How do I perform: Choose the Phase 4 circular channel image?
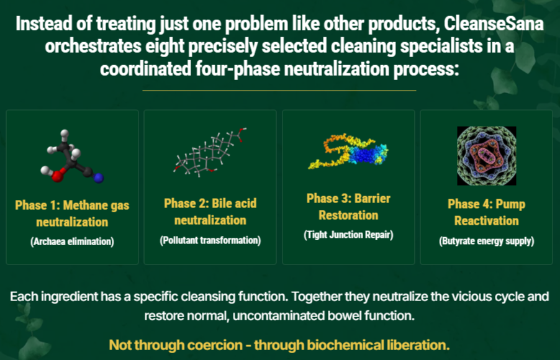[486, 156]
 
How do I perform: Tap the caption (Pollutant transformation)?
[210, 240]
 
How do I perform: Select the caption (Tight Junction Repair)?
[348, 235]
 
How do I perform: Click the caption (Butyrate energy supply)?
[486, 241]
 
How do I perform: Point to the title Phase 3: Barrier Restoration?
[348, 207]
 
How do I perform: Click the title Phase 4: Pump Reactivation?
[486, 212]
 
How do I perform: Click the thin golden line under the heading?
[279, 91]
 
